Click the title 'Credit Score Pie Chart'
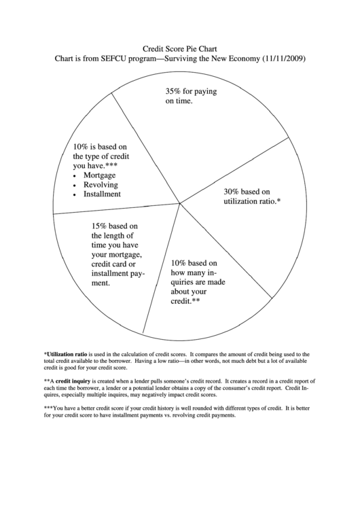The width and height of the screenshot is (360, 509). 179,49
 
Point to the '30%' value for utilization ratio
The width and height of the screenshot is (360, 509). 233,192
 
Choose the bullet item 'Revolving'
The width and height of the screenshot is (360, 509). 101,184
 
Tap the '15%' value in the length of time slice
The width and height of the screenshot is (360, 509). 100,226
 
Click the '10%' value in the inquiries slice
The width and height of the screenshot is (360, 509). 179,263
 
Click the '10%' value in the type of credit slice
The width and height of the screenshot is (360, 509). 82,145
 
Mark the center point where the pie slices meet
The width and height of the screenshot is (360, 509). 179,203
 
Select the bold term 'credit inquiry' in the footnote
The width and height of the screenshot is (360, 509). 74,381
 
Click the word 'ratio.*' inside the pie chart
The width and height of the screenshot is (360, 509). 268,202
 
